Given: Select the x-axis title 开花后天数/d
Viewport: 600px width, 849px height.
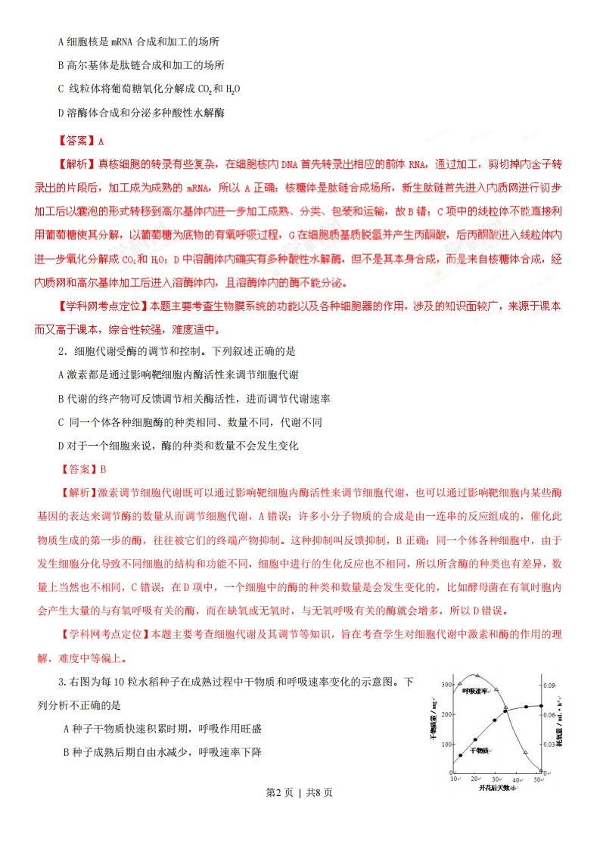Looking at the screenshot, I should pyautogui.click(x=499, y=788).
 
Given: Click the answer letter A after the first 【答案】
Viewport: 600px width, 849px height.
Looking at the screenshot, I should pyautogui.click(x=101, y=141).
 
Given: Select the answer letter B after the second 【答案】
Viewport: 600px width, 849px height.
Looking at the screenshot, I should pyautogui.click(x=103, y=469).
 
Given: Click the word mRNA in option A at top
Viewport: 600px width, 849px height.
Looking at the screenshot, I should pyautogui.click(x=123, y=42).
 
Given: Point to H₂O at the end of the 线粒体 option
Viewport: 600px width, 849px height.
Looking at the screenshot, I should pyautogui.click(x=232, y=89).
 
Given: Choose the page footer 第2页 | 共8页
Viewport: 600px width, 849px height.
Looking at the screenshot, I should pyautogui.click(x=300, y=814).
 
